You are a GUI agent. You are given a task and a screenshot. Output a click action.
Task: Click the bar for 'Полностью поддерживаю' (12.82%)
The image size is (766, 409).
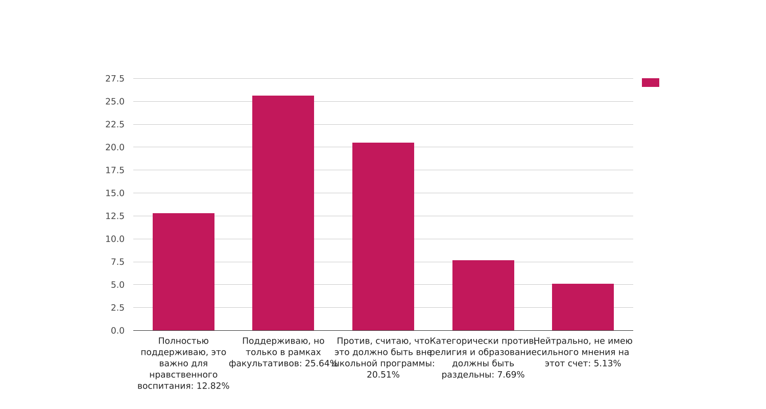(x=183, y=271)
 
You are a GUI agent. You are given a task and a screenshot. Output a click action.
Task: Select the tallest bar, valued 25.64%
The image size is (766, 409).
(x=283, y=213)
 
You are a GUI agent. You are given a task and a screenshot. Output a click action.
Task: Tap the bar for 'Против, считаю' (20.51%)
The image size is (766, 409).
(x=383, y=236)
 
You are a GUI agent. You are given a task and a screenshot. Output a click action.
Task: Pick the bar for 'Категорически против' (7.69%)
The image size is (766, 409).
(x=483, y=295)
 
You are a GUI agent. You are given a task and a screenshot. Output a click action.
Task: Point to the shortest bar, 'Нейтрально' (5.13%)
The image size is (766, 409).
(x=583, y=307)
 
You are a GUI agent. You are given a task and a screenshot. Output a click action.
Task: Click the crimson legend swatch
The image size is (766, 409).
(x=650, y=83)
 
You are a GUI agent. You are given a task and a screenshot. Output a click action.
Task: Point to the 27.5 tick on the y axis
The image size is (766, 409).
(x=115, y=79)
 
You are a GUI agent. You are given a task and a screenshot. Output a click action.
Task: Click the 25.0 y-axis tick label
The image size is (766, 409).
(x=115, y=102)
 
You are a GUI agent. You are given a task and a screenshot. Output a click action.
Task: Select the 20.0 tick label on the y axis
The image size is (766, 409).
(x=115, y=147)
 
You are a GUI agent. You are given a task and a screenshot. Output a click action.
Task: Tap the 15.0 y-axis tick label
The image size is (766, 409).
(x=115, y=193)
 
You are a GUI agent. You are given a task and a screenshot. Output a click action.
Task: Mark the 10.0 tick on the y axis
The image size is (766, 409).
(x=115, y=239)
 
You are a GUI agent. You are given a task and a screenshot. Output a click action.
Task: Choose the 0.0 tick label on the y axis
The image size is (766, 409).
(x=117, y=331)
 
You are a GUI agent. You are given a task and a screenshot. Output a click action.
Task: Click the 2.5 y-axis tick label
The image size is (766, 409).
(x=117, y=308)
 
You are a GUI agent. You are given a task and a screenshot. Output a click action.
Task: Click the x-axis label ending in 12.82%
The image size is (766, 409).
(x=183, y=363)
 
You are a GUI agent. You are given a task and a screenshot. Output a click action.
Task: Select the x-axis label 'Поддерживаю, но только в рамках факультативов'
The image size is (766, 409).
(x=283, y=352)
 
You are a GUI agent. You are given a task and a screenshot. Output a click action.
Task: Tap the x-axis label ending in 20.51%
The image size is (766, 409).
(x=383, y=358)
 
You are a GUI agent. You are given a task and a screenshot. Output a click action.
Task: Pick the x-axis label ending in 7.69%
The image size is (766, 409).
(x=483, y=358)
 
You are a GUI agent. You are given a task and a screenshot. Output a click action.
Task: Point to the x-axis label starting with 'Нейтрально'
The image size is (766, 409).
(x=583, y=352)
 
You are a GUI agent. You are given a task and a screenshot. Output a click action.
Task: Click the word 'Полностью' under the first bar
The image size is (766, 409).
(x=183, y=341)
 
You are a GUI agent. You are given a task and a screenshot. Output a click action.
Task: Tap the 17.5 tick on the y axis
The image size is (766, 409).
(x=115, y=170)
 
